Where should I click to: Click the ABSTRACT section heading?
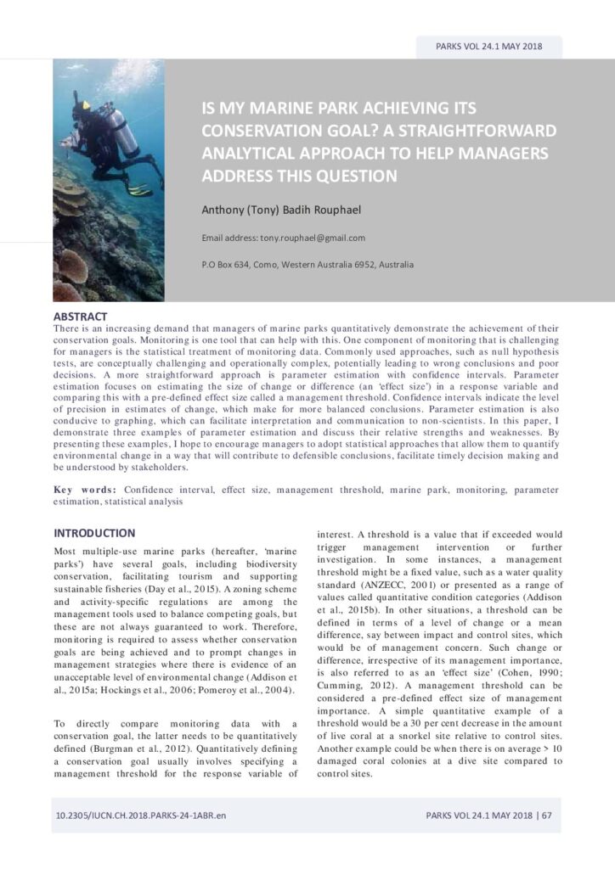click(x=80, y=317)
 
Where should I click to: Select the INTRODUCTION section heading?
click(x=94, y=534)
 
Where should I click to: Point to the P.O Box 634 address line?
click(x=307, y=266)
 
